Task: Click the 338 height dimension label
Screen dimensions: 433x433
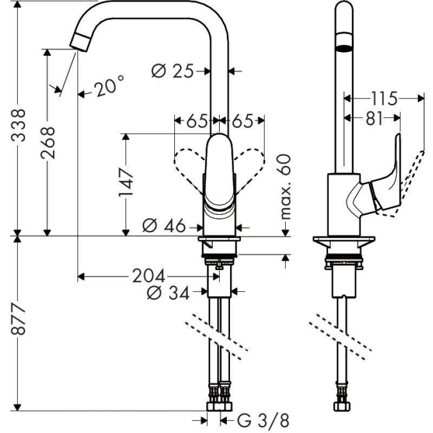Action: pyautogui.click(x=18, y=125)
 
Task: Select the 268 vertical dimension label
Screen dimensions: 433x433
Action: pyautogui.click(x=48, y=142)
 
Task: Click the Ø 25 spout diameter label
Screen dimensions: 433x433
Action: pyautogui.click(x=172, y=71)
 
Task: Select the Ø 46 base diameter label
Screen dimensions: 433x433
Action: pyautogui.click(x=164, y=226)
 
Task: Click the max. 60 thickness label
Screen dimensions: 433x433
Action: pyautogui.click(x=285, y=186)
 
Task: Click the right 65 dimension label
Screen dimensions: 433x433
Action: pyautogui.click(x=243, y=121)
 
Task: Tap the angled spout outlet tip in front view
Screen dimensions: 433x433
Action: pyautogui.click(x=81, y=41)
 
